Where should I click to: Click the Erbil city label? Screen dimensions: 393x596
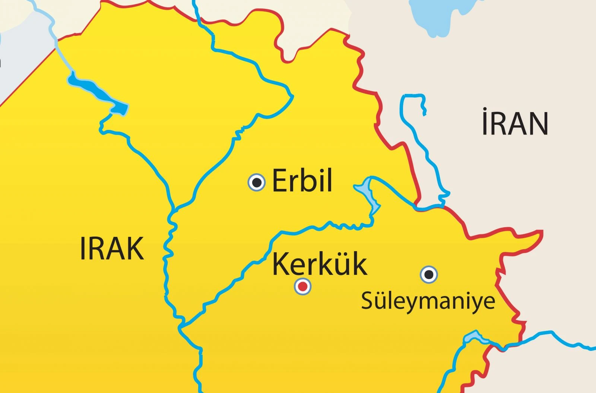tap(302, 181)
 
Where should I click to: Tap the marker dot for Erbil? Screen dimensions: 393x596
tap(257, 183)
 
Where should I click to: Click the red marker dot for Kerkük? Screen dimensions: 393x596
tap(302, 286)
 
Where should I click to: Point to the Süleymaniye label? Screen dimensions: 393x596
tap(428, 301)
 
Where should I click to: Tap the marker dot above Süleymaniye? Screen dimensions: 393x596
tap(429, 275)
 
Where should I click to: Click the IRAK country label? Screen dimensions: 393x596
tap(112, 249)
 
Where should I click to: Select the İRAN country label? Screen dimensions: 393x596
tap(515, 123)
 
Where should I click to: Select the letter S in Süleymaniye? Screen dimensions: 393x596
tap(367, 301)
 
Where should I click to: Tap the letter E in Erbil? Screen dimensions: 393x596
tap(280, 181)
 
